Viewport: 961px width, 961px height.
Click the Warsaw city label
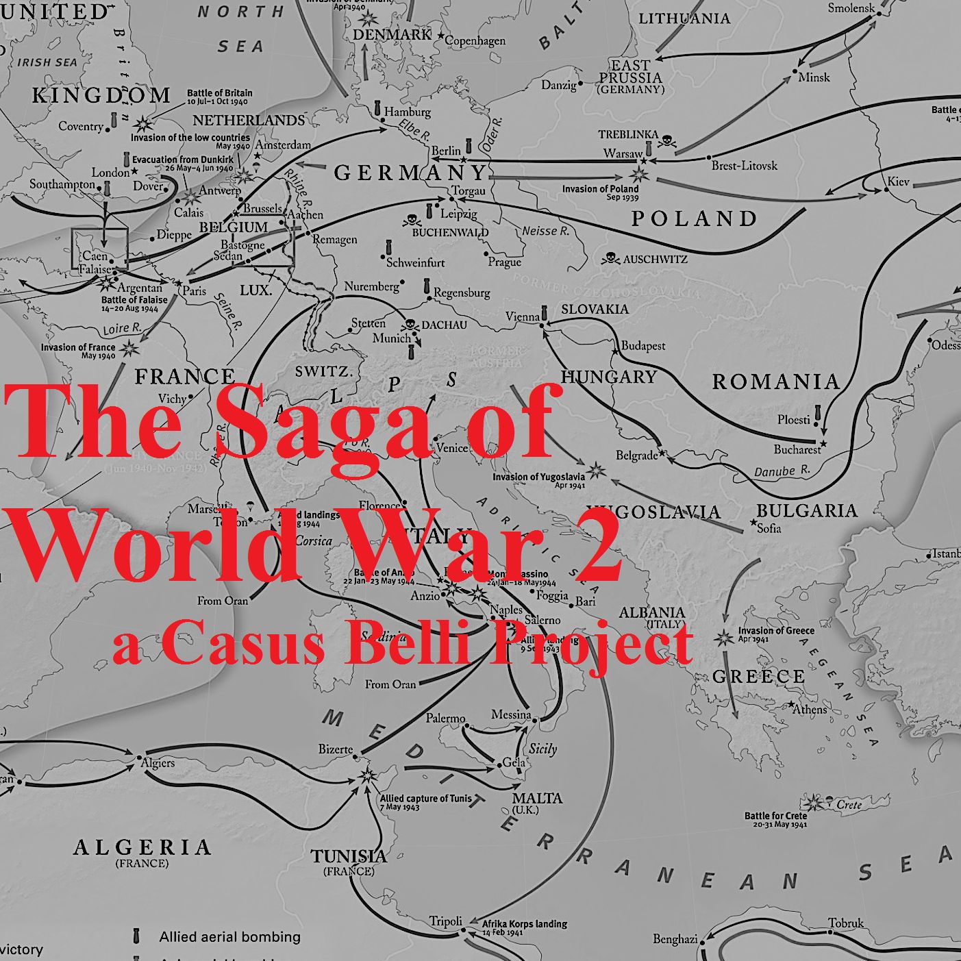point(622,153)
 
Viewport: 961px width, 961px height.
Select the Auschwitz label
point(655,259)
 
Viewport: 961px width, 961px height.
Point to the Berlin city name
point(446,151)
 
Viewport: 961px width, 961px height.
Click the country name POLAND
point(693,219)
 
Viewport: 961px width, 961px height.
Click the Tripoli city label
point(446,921)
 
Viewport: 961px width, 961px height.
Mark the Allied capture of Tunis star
point(368,776)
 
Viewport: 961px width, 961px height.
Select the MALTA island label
point(537,798)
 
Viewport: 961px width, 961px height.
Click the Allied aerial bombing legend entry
point(229,936)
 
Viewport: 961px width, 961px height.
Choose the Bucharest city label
point(797,449)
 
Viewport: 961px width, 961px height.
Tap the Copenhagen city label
point(475,41)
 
